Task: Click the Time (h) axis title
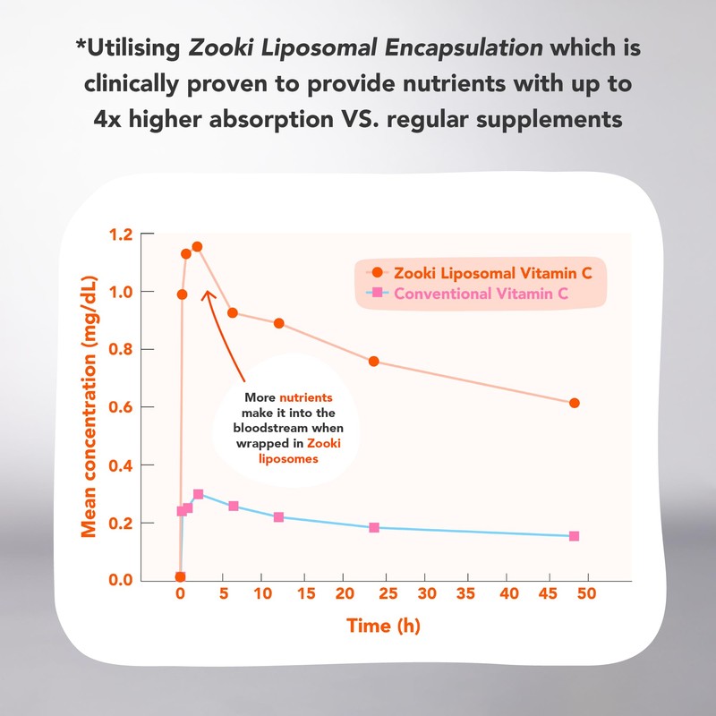pyautogui.click(x=383, y=626)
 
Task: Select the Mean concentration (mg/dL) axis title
pyautogui.click(x=89, y=407)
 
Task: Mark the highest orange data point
pyautogui.click(x=197, y=246)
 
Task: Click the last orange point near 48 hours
pyautogui.click(x=574, y=404)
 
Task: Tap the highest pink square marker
pyautogui.click(x=198, y=494)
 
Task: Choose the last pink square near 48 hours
pyautogui.click(x=574, y=536)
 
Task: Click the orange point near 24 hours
pyautogui.click(x=374, y=362)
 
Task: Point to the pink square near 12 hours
pyautogui.click(x=278, y=517)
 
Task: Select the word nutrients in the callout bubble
pyautogui.click(x=305, y=396)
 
